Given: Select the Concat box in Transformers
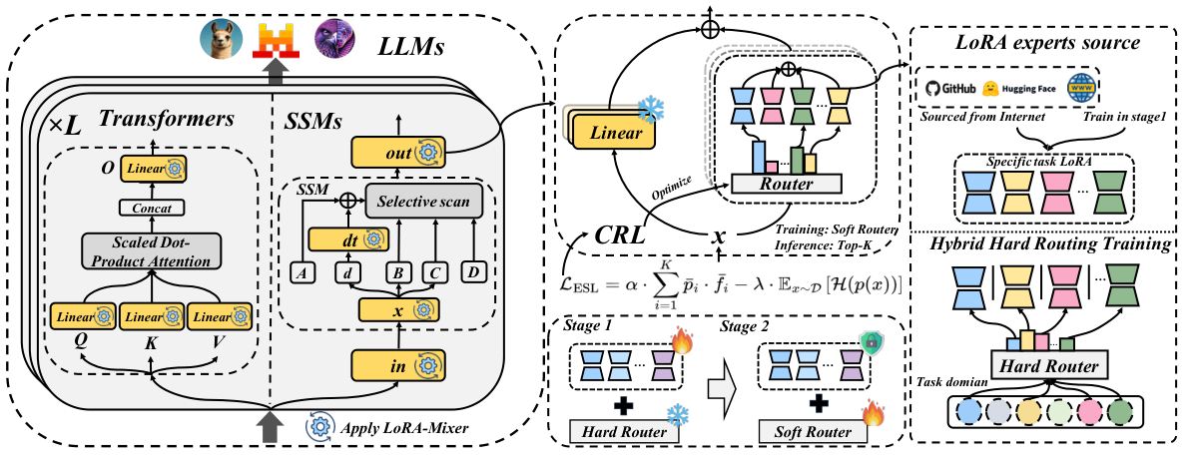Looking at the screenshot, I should [147, 207].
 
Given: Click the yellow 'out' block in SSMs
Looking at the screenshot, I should [395, 152].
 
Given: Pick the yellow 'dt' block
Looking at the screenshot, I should [342, 239].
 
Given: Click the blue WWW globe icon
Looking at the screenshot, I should [1080, 88].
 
